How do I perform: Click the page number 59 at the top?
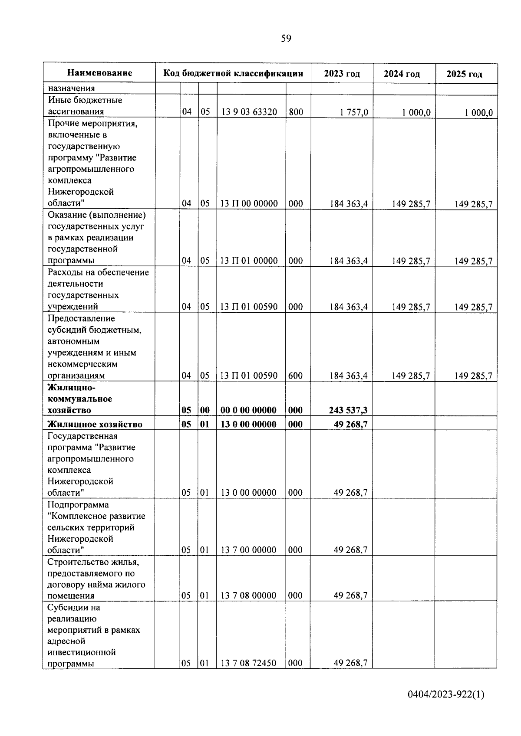pyautogui.click(x=286, y=39)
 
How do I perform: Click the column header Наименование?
pyautogui.click(x=100, y=73)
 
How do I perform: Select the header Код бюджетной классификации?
pyautogui.click(x=233, y=73)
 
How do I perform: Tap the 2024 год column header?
pyautogui.click(x=402, y=74)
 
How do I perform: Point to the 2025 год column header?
pyautogui.click(x=464, y=74)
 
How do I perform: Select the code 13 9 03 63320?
pyautogui.click(x=249, y=112)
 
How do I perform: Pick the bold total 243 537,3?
pyautogui.click(x=348, y=410)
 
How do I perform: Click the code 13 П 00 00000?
pyautogui.click(x=249, y=203)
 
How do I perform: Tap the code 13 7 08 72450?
pyautogui.click(x=248, y=663)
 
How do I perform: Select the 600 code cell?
pyautogui.click(x=295, y=376)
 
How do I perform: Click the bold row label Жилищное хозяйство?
pyautogui.click(x=95, y=424)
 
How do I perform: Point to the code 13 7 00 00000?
pyautogui.click(x=248, y=550)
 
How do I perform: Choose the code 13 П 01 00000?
pyautogui.click(x=249, y=261)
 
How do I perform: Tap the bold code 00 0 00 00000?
pyautogui.click(x=248, y=410)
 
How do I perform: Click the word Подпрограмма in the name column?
pyautogui.click(x=78, y=505)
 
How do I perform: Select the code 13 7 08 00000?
pyautogui.click(x=248, y=595)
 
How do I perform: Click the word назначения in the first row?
pyautogui.click(x=71, y=88)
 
